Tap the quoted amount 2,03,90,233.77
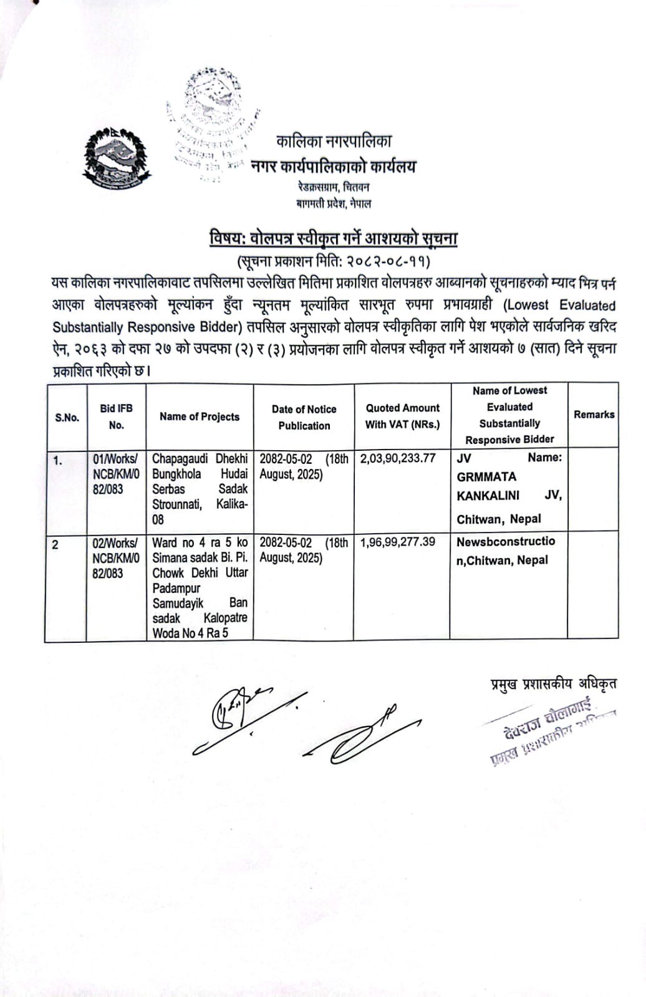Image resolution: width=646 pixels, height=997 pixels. pos(398,458)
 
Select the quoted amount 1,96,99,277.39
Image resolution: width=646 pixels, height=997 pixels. pos(398,542)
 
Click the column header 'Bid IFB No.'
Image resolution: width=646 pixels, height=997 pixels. pos(116,417)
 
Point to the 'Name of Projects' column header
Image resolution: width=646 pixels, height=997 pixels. pos(200,417)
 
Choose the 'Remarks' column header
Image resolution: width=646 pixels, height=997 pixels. pos(594,415)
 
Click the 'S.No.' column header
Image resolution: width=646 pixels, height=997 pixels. pos(67,417)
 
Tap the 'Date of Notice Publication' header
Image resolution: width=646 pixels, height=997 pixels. pos(304,417)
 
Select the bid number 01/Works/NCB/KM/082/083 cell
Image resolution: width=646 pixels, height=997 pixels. pos(116,474)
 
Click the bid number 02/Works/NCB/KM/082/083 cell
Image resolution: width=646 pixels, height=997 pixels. pos(116,557)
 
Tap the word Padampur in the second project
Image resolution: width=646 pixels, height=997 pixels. pos(176,588)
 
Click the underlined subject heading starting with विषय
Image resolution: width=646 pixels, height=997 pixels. pos(334,239)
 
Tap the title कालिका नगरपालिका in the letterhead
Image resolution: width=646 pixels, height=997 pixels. pos(334,142)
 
